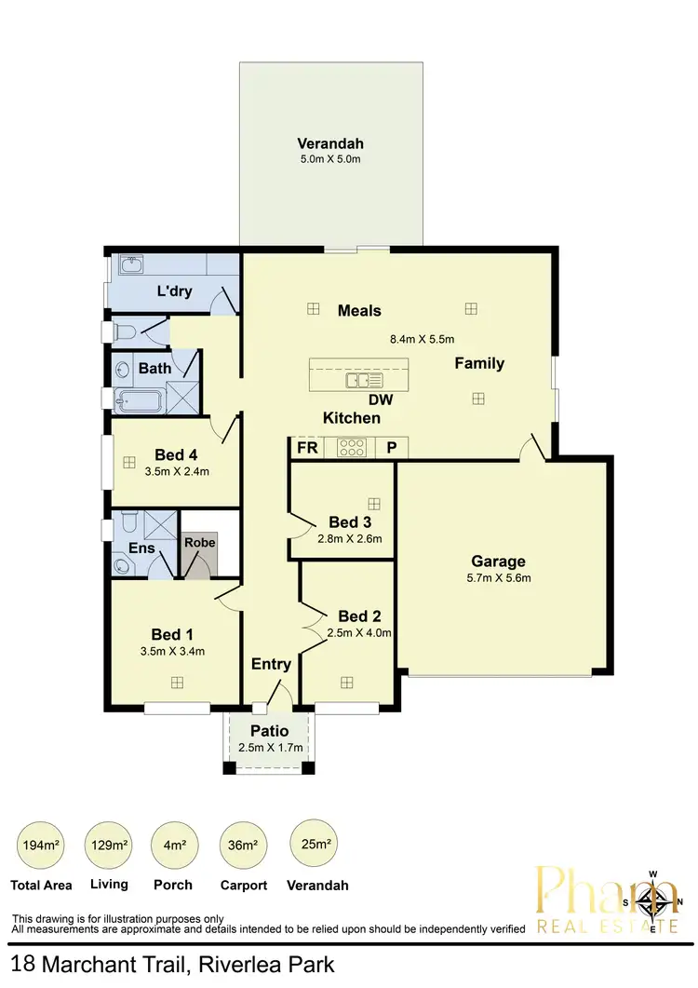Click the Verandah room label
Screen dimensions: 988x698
pyautogui.click(x=329, y=143)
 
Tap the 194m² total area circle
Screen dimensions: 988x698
pyautogui.click(x=40, y=846)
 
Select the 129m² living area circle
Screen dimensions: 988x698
pyautogui.click(x=108, y=846)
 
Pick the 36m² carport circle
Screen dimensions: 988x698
pyautogui.click(x=242, y=846)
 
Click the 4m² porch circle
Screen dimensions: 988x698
pyautogui.click(x=173, y=846)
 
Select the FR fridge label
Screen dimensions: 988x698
pyautogui.click(x=307, y=448)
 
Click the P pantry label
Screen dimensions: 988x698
pyautogui.click(x=392, y=448)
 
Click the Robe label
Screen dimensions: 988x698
pyautogui.click(x=199, y=542)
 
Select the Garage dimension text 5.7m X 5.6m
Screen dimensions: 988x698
pyautogui.click(x=498, y=578)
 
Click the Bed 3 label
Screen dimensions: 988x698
pyautogui.click(x=350, y=521)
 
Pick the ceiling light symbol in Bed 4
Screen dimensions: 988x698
pyautogui.click(x=128, y=461)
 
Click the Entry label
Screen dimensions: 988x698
pyautogui.click(x=271, y=664)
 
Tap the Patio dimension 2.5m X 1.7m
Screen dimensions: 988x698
pyautogui.click(x=270, y=748)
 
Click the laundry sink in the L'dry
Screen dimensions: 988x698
pyautogui.click(x=130, y=267)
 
